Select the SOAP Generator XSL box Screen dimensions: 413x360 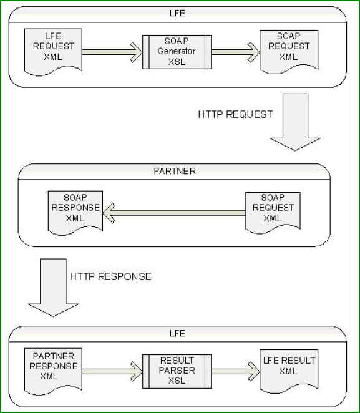[x=177, y=52]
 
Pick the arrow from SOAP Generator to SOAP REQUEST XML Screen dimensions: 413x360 [x=236, y=52]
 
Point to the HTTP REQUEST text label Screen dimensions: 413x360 [x=235, y=114]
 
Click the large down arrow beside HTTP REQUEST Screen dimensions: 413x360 [x=293, y=122]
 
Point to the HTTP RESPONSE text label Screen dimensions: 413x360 [x=110, y=276]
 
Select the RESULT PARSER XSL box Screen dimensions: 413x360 [x=177, y=371]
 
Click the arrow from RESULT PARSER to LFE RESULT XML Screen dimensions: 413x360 [x=236, y=371]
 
